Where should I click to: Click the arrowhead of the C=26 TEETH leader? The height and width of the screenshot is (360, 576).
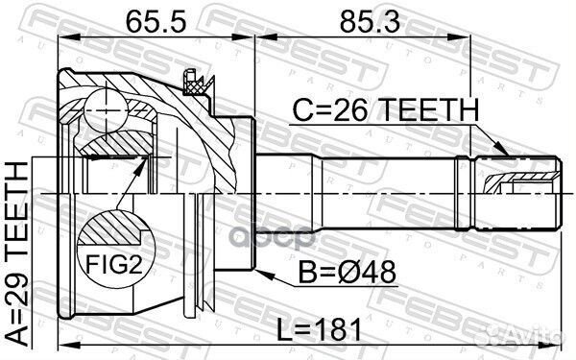(x=504, y=153)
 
